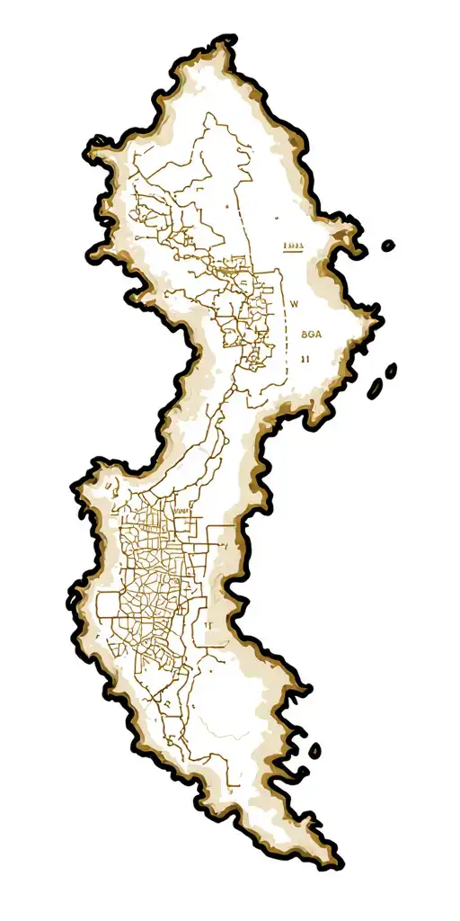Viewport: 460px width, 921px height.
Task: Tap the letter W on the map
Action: pyautogui.click(x=293, y=304)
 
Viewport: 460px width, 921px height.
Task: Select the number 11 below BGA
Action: pyautogui.click(x=305, y=358)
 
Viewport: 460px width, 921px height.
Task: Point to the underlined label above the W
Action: pyautogui.click(x=295, y=246)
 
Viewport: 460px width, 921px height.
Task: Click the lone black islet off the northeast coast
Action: pyautogui.click(x=388, y=245)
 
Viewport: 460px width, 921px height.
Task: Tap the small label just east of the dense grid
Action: pyautogui.click(x=207, y=623)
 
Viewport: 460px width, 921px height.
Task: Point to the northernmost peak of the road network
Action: pyautogui.click(x=208, y=114)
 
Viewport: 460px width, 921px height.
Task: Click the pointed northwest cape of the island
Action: pyautogui.click(x=91, y=144)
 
